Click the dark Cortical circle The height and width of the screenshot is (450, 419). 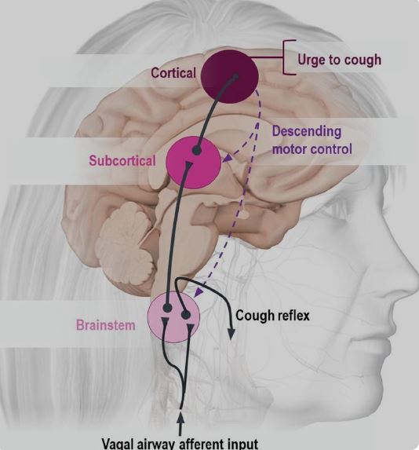[230, 76]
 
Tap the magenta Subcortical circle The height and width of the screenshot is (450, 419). [194, 163]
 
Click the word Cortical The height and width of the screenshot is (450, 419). [173, 72]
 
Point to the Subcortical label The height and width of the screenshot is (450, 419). [122, 160]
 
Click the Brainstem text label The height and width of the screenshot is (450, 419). [106, 325]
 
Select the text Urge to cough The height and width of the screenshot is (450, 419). [339, 60]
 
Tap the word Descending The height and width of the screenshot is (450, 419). [307, 131]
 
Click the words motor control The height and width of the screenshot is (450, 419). [312, 149]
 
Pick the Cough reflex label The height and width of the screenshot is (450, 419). [272, 316]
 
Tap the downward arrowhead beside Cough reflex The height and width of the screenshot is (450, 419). [231, 333]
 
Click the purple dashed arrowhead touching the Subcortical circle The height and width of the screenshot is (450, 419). [227, 159]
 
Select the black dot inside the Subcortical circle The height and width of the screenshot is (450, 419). [196, 150]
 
